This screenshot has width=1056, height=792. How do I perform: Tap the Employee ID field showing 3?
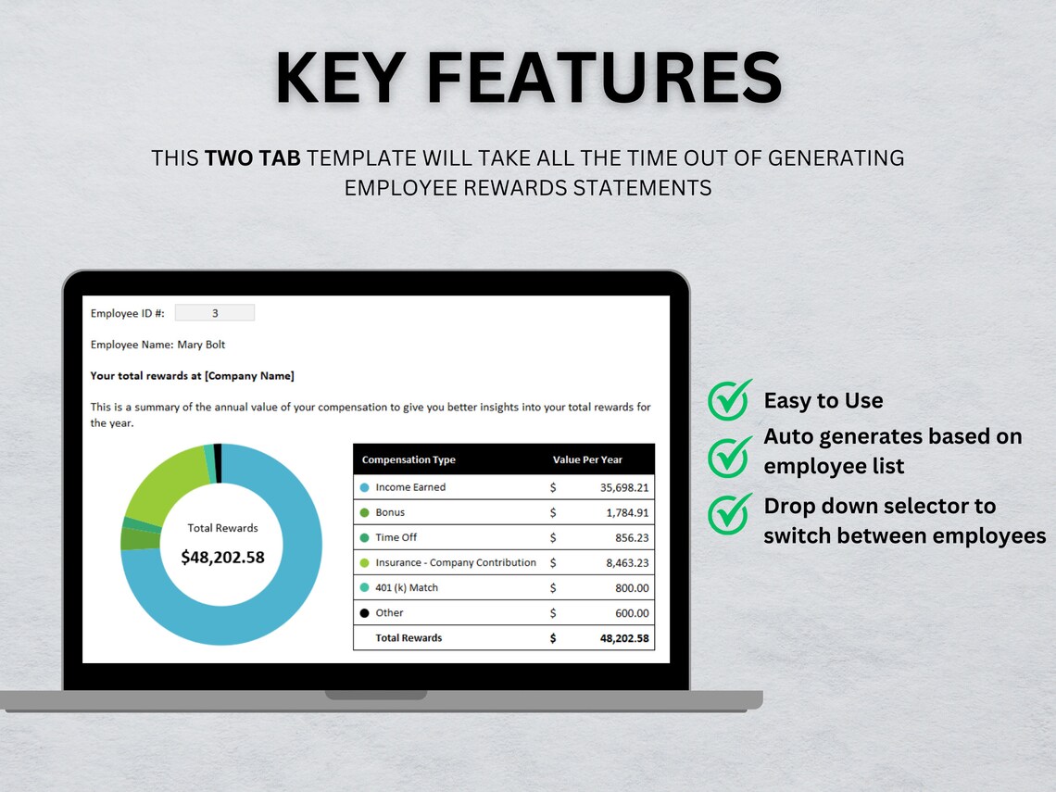click(215, 313)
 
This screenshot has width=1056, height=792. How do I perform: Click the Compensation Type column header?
click(409, 459)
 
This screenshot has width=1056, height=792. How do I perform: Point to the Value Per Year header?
click(587, 459)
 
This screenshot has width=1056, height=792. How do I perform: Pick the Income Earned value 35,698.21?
click(623, 487)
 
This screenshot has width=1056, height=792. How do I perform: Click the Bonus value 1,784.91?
click(627, 512)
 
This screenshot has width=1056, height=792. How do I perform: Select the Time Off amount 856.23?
click(632, 537)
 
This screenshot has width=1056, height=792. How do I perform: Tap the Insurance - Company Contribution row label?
click(456, 562)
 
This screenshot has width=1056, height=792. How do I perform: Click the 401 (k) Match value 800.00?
click(632, 587)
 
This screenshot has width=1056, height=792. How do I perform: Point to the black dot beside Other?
click(364, 613)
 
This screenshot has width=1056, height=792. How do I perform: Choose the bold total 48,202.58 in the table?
click(623, 638)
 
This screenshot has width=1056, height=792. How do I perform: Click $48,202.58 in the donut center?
click(222, 557)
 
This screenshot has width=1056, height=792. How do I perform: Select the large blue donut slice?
click(278, 593)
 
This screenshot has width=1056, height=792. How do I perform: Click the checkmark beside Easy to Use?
click(730, 400)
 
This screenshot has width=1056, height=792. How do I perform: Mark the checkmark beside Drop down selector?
click(730, 514)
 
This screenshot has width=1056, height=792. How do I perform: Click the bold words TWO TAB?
click(252, 158)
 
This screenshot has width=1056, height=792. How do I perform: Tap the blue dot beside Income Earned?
click(364, 487)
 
